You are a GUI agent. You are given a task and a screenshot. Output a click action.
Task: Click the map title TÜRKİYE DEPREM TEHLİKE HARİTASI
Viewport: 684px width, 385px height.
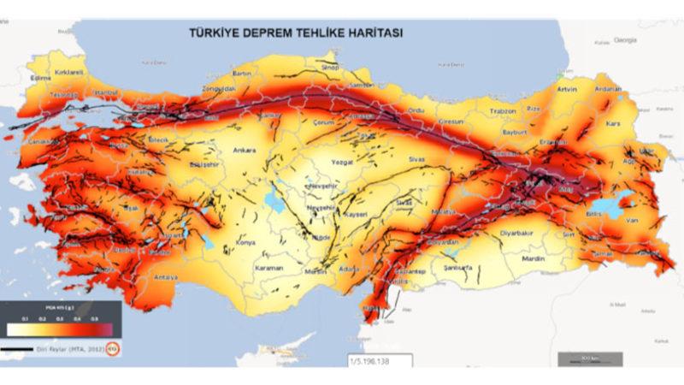(297, 33)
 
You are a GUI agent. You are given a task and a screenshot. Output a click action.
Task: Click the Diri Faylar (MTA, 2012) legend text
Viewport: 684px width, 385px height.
(72, 349)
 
